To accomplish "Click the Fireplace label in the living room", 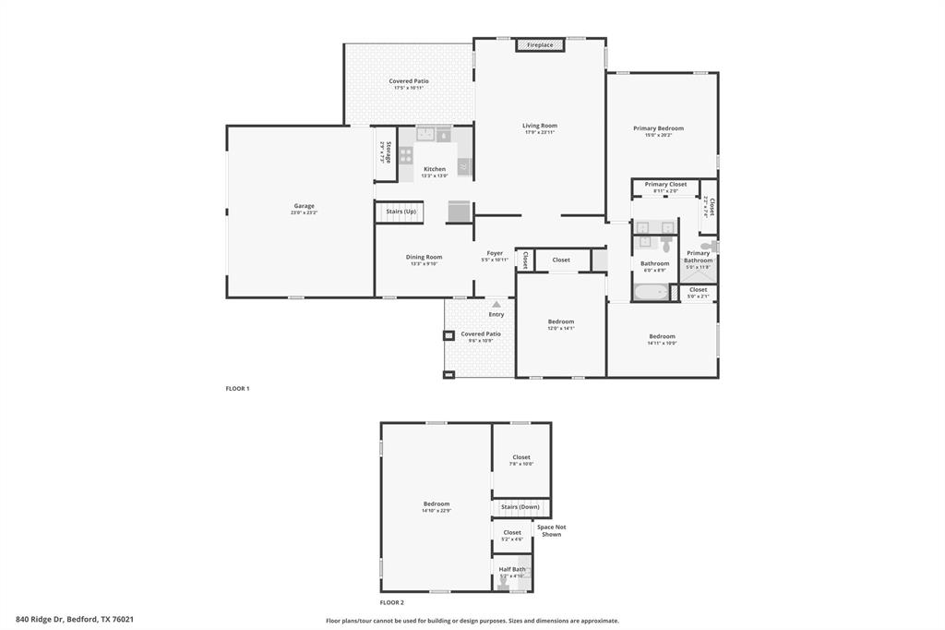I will pyautogui.click(x=540, y=44).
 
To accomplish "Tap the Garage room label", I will pyautogui.click(x=304, y=206).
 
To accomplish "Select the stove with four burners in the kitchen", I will pyautogui.click(x=406, y=154).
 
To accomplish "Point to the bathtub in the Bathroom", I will pyautogui.click(x=654, y=293).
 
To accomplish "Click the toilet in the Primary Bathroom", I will pyautogui.click(x=707, y=248).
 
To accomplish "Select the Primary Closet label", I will pyautogui.click(x=665, y=185).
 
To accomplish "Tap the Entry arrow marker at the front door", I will pyautogui.click(x=496, y=304).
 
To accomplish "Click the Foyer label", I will pyautogui.click(x=495, y=253).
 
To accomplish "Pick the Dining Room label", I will pyautogui.click(x=424, y=257).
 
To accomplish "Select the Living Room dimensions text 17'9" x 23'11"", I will pyautogui.click(x=540, y=133).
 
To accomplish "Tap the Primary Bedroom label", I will pyautogui.click(x=658, y=128).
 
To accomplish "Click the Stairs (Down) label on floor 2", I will pyautogui.click(x=520, y=507).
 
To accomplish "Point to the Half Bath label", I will pyautogui.click(x=512, y=569).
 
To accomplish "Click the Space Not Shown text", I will pyautogui.click(x=551, y=530).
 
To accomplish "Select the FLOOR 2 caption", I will pyautogui.click(x=392, y=601).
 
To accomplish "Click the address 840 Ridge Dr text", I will pyautogui.click(x=75, y=619).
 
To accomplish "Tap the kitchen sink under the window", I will pyautogui.click(x=426, y=135).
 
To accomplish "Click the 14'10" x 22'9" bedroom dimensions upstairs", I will pyautogui.click(x=436, y=511).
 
